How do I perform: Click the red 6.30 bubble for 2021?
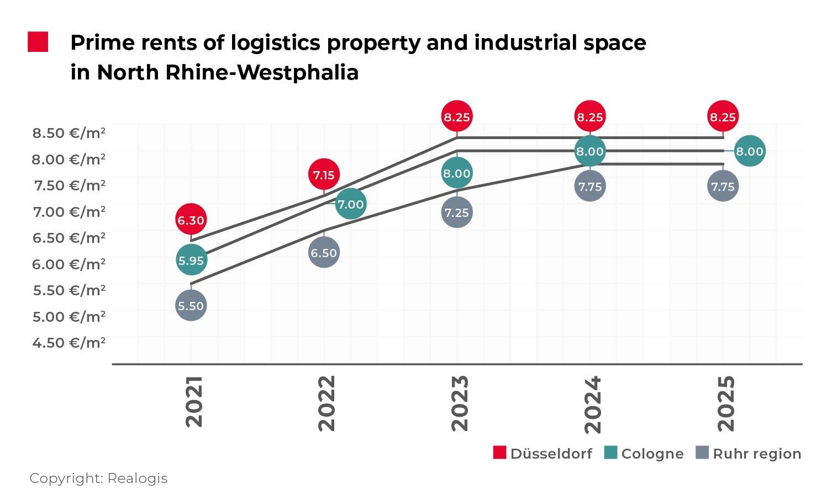tap(191, 220)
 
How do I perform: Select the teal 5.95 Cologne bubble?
tap(191, 261)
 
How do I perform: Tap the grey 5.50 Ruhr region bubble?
tap(191, 306)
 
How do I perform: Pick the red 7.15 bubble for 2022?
tap(324, 175)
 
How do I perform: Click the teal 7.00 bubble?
tap(351, 204)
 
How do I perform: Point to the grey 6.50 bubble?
tap(324, 253)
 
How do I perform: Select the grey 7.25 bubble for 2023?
tap(457, 212)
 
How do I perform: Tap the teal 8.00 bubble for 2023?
tap(457, 173)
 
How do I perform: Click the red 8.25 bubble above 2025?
tap(723, 117)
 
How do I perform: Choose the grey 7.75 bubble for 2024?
tap(590, 187)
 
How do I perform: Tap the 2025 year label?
tap(726, 403)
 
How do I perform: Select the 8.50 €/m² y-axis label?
tap(69, 133)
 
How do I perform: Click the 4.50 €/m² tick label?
tap(69, 343)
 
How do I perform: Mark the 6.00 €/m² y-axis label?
tap(69, 264)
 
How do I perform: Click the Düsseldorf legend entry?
tap(543, 454)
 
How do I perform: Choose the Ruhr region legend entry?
tap(749, 454)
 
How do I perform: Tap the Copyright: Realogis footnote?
tap(98, 478)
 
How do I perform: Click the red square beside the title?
tap(38, 42)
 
